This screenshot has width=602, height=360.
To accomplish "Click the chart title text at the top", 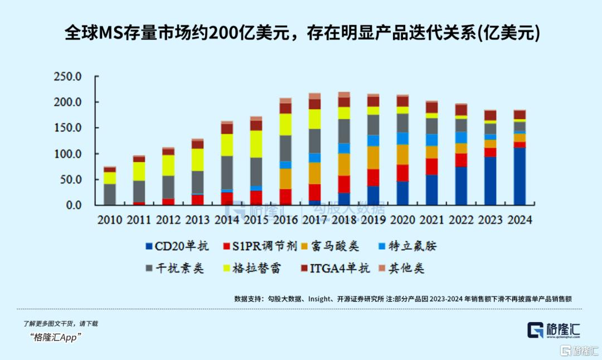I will click(302, 33).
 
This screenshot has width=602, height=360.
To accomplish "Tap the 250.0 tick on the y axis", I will click(67, 77).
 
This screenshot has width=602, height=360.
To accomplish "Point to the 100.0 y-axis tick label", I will click(67, 154).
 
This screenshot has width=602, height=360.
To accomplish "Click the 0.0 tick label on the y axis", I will click(72, 205).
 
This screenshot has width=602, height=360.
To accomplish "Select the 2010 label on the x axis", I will click(109, 220).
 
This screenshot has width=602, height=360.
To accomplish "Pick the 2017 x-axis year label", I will click(314, 220).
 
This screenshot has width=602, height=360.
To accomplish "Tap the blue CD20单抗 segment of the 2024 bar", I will click(519, 176).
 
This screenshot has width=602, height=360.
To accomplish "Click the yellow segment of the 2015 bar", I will click(256, 144).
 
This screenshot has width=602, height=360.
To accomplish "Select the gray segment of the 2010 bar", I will click(110, 194).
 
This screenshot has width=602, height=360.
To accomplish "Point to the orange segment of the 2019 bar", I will click(372, 158).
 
